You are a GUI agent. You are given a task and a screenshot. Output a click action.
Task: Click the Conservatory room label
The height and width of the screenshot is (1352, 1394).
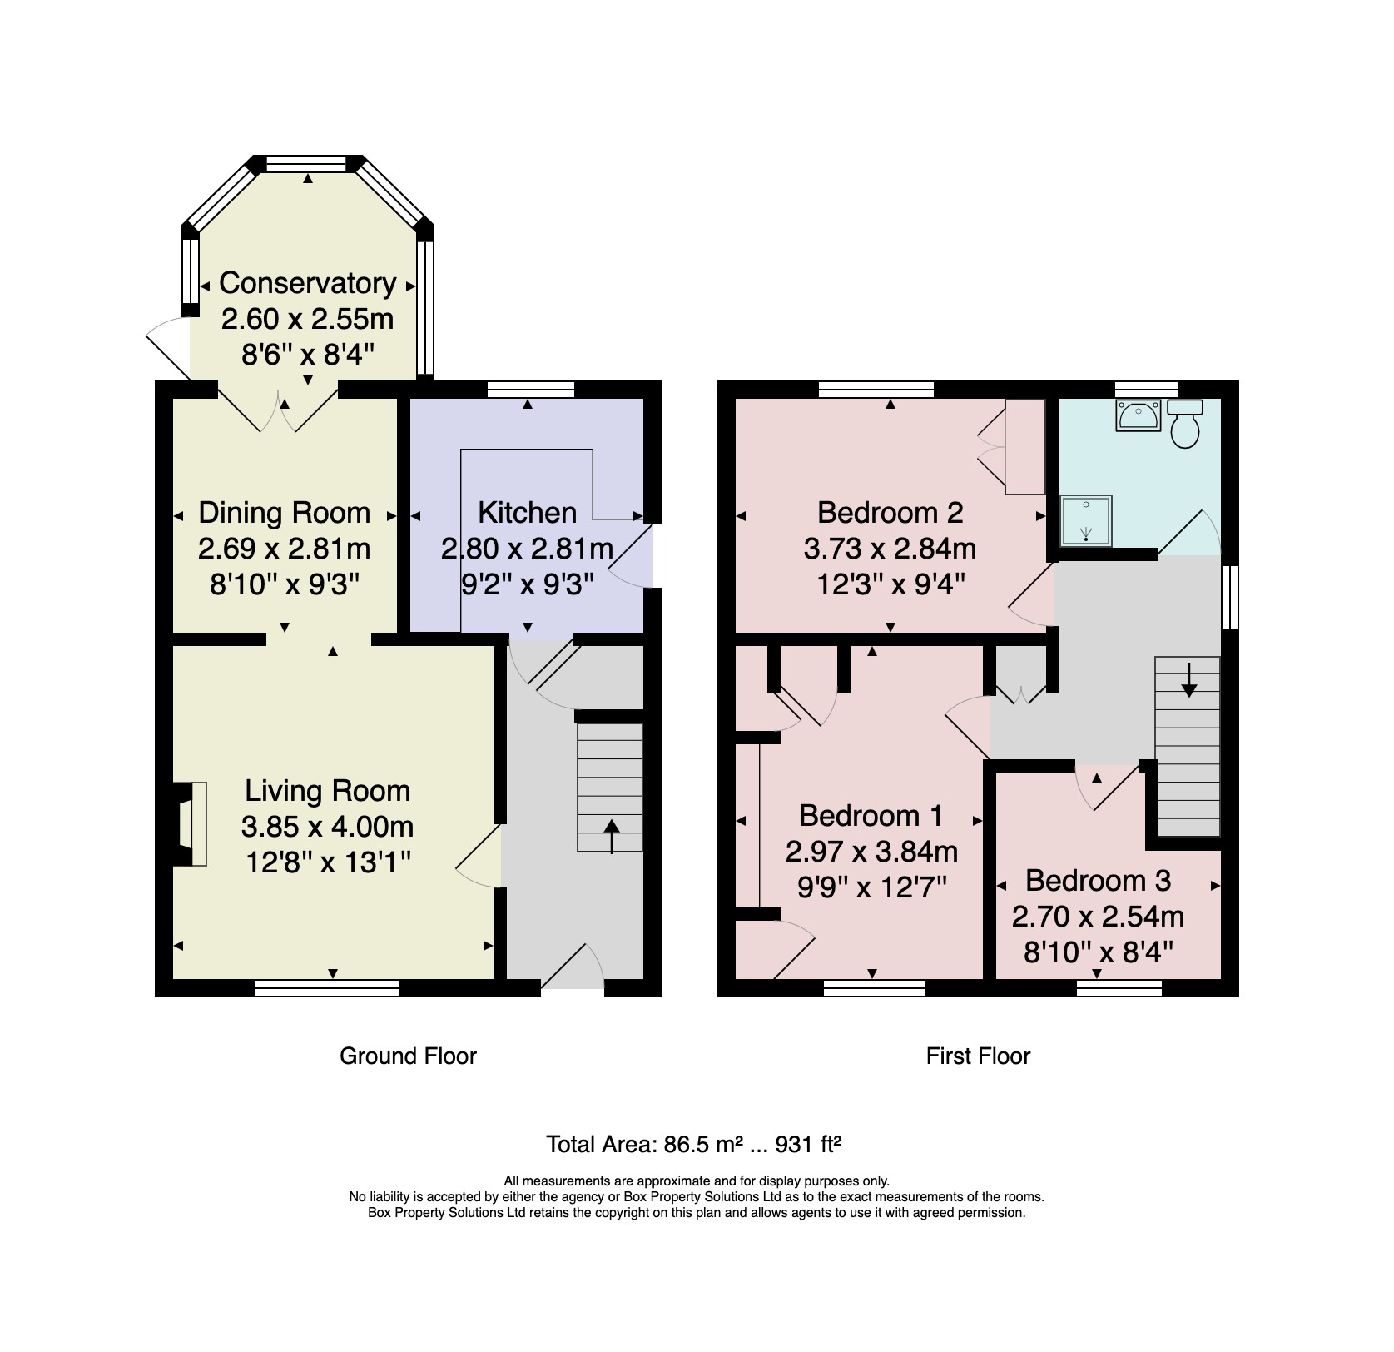[307, 283]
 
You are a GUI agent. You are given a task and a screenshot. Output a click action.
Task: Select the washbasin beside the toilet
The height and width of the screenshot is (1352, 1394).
[1138, 415]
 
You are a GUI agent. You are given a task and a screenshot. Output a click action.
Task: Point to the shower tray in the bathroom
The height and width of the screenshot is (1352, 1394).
[1086, 521]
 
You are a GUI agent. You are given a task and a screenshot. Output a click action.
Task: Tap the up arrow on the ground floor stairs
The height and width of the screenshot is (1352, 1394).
[612, 836]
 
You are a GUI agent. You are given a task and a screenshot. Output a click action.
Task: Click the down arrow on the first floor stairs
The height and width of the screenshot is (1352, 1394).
[1188, 680]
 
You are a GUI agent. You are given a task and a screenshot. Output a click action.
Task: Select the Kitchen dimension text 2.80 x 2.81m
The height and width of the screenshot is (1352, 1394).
[527, 549]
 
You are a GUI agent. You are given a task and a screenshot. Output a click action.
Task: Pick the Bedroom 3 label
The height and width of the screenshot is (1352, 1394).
[1098, 880]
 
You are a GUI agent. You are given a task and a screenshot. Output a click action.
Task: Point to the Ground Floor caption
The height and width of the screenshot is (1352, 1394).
[408, 1056]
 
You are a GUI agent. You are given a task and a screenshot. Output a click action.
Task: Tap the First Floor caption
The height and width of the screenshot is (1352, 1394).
[978, 1056]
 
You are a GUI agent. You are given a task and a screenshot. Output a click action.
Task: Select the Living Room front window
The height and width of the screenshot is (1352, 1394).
[326, 988]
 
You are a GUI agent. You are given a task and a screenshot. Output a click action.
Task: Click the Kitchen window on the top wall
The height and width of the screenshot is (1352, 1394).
[530, 389]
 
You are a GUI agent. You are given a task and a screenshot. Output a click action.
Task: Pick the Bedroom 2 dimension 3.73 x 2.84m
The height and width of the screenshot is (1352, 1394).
[890, 549]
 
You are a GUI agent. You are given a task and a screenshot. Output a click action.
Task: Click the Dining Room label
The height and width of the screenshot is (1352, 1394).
[284, 513]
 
